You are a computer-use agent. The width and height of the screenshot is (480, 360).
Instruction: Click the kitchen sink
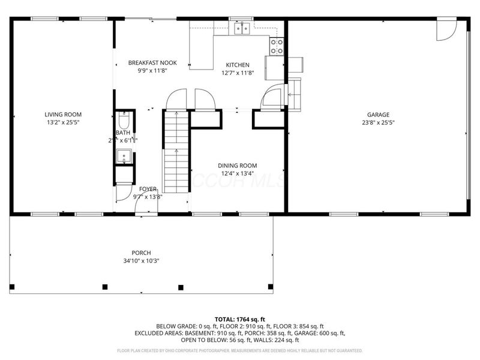242,28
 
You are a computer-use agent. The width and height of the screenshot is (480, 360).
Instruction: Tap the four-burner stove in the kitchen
277,46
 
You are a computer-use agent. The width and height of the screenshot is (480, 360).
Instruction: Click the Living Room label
63,114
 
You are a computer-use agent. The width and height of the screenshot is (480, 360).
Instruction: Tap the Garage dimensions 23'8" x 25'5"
379,122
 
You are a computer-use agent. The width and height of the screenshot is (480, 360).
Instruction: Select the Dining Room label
237,166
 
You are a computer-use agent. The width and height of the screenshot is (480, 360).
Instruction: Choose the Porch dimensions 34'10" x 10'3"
142,260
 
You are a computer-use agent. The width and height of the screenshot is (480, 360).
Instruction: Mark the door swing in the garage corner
446,31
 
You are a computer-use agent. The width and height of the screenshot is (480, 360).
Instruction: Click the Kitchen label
238,65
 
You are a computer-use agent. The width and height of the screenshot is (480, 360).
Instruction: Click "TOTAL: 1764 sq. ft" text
240,319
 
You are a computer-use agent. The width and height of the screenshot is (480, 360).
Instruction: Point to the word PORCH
142,253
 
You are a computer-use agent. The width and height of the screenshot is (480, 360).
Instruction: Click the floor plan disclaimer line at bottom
240,350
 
